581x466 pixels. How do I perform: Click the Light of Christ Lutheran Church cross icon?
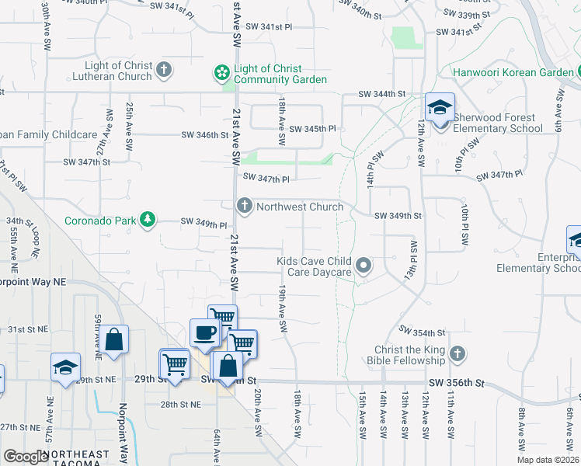point(163,71)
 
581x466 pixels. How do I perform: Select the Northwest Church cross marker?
point(244,206)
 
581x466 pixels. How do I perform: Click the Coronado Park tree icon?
point(148,221)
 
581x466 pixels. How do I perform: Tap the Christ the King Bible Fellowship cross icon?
point(457,354)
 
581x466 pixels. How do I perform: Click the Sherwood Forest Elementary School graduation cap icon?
point(440,108)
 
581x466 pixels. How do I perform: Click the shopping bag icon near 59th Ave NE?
point(113,339)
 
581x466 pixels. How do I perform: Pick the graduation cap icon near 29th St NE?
point(65,367)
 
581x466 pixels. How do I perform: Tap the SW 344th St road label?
point(382,94)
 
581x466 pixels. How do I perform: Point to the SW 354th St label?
point(423,332)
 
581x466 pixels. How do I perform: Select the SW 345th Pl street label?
point(312,128)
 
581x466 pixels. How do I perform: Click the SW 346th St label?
point(205,135)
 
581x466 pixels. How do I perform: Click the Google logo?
point(26,457)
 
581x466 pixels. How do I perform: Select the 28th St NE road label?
point(179,405)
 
